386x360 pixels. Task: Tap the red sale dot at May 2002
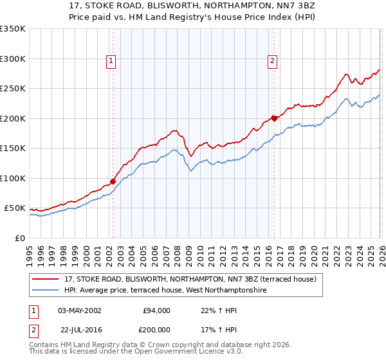click(x=113, y=182)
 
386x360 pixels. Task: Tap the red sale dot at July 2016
click(x=274, y=118)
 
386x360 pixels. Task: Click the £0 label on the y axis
click(x=19, y=238)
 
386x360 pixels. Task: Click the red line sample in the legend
click(x=46, y=280)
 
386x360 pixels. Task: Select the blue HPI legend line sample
click(x=46, y=291)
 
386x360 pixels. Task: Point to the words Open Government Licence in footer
click(x=186, y=351)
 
